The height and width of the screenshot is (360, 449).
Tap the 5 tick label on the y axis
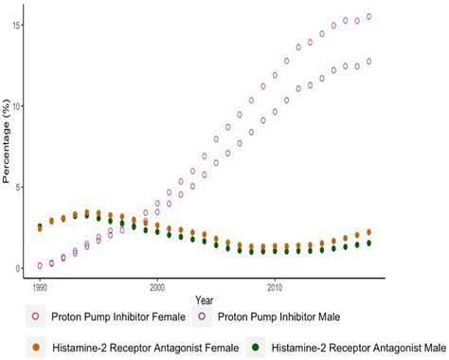[18, 187]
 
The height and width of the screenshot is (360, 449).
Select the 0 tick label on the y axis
[18, 268]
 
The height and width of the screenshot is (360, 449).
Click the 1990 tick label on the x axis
[39, 284]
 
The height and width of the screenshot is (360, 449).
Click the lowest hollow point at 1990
[40, 266]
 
